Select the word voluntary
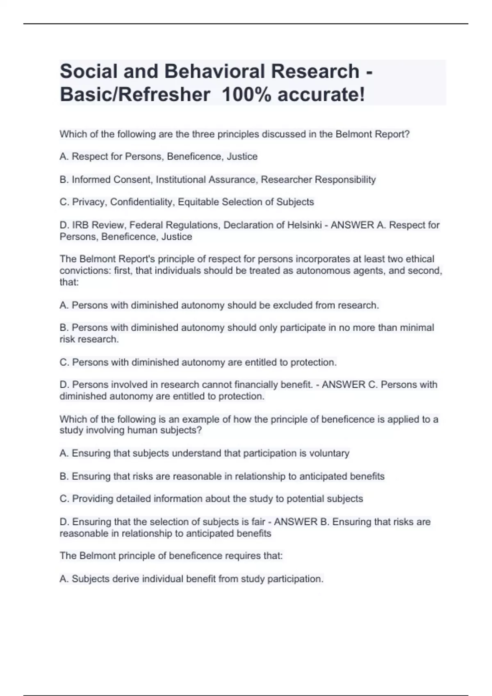tap(329, 454)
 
